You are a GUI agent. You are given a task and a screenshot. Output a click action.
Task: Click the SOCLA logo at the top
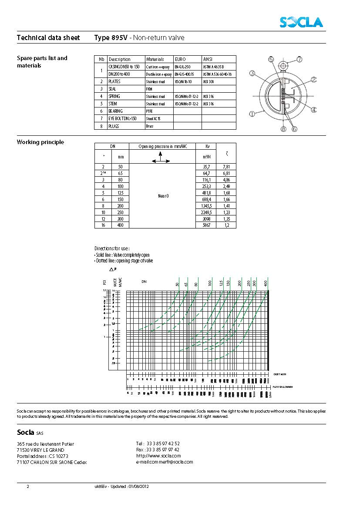[301, 22]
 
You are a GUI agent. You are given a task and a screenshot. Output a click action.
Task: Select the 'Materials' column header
[155, 59]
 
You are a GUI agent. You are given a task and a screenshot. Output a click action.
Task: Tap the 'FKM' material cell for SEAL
[149, 89]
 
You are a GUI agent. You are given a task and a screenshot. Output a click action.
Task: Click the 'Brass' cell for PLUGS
[150, 126]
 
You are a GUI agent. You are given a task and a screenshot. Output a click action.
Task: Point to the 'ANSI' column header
[208, 59]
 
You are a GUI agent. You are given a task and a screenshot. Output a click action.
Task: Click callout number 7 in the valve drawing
[299, 59]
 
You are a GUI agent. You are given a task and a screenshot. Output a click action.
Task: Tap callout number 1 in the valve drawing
[252, 114]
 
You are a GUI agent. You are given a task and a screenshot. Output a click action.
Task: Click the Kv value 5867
[206, 225]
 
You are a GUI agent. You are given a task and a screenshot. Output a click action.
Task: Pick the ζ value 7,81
[226, 167]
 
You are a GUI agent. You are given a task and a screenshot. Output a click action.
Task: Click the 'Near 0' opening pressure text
[163, 196]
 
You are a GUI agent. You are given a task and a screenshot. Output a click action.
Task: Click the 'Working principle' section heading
[40, 142]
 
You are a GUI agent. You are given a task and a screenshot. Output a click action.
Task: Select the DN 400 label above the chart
[266, 284]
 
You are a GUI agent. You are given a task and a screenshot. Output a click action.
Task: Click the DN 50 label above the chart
[177, 284]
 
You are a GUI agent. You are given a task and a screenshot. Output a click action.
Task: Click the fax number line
[158, 450]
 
